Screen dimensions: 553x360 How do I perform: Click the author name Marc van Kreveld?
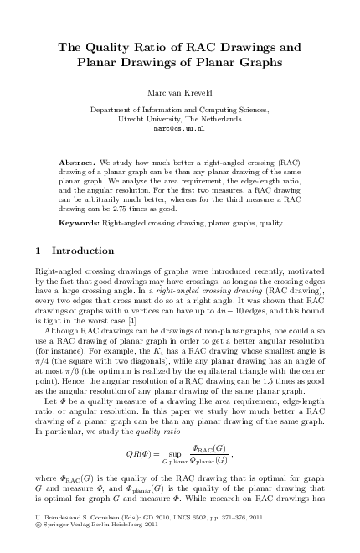(x=180, y=92)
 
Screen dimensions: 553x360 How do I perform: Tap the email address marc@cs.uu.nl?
(x=180, y=130)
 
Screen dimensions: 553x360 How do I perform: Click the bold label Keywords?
(x=79, y=223)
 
